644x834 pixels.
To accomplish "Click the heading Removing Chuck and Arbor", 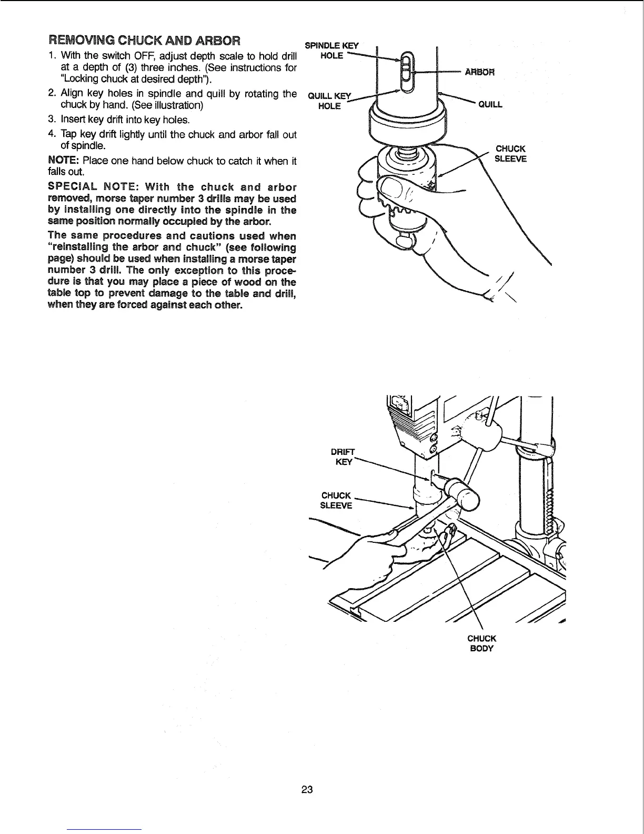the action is [x=145, y=41].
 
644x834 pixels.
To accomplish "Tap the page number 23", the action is [x=307, y=789].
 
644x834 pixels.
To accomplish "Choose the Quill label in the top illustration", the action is [x=490, y=104].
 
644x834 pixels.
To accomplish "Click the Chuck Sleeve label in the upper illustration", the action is [x=510, y=154].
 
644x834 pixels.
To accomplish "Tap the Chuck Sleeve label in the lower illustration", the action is [x=336, y=501].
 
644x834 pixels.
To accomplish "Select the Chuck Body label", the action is [x=481, y=643].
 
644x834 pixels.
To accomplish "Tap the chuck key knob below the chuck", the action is [x=406, y=240].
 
